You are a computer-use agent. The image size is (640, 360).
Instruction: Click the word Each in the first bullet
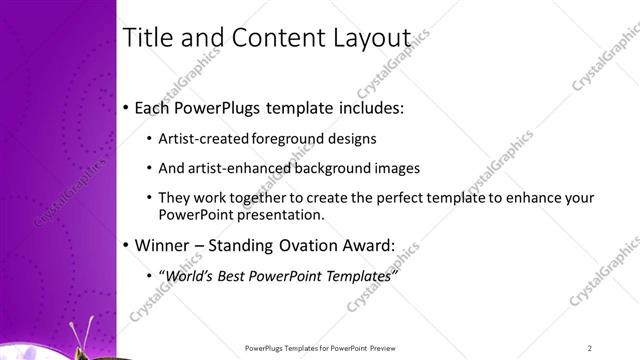(x=152, y=107)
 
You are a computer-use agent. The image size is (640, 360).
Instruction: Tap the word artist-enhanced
(x=231, y=168)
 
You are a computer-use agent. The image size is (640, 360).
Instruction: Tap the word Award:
(x=363, y=245)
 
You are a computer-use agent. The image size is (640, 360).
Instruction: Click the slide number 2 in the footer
(x=590, y=348)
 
